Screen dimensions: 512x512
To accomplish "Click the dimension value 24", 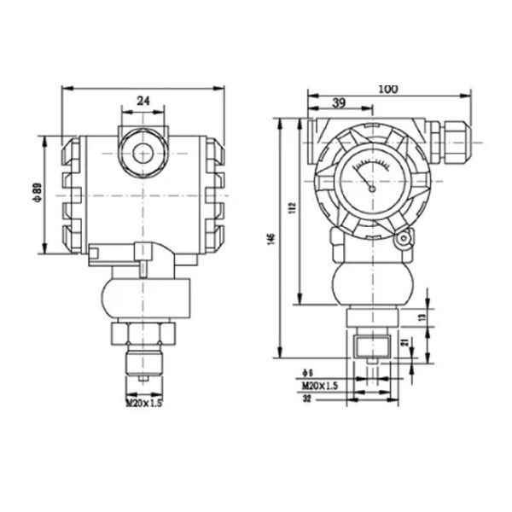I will [143, 101].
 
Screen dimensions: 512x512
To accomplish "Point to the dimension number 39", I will [338, 102].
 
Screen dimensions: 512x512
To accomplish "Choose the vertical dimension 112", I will [291, 208].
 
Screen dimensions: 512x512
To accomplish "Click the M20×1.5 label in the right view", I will [321, 386].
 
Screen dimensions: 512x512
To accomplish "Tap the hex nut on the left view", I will [143, 329].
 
